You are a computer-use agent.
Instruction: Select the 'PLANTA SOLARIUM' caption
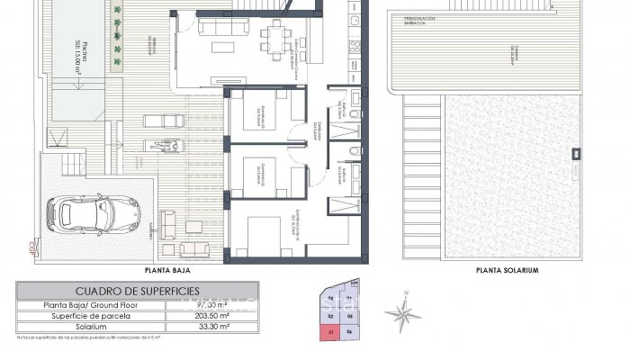[507, 269]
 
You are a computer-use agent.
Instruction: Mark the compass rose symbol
[401, 312]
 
